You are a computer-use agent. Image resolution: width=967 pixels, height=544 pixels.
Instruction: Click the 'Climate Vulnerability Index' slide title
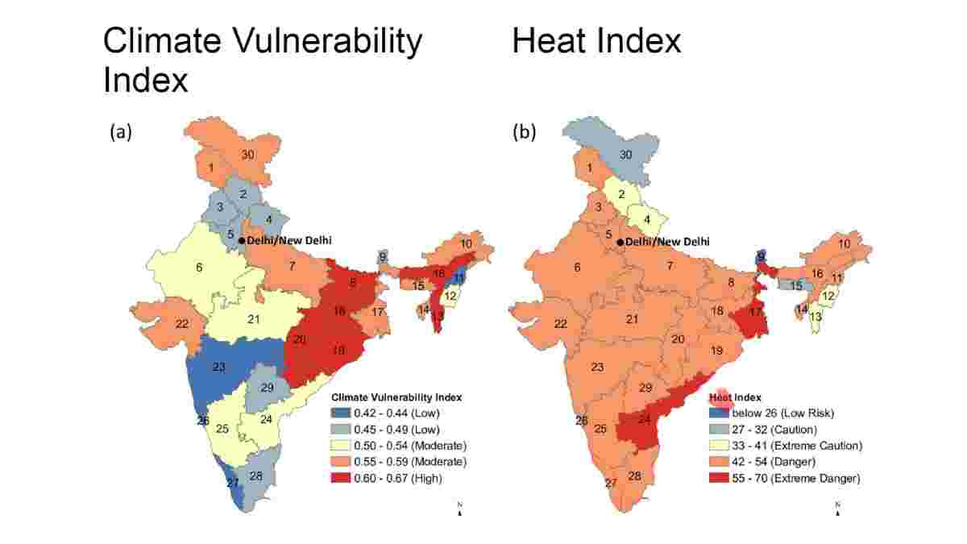(x=262, y=60)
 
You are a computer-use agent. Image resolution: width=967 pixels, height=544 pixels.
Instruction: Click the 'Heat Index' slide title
(x=596, y=40)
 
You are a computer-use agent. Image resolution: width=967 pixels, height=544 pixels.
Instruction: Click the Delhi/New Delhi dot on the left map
(x=242, y=240)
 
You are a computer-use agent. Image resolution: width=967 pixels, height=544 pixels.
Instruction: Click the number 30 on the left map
(x=248, y=155)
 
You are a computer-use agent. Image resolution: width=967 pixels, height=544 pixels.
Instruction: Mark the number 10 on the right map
(x=844, y=244)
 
